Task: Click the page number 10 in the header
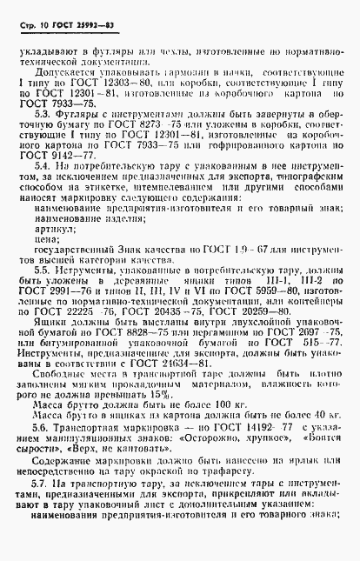click(43, 13)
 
